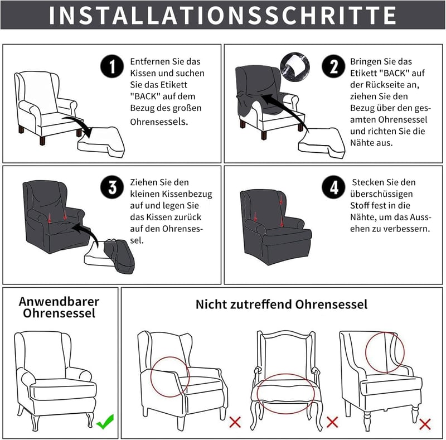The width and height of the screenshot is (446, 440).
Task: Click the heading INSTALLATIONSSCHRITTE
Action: point(222,15)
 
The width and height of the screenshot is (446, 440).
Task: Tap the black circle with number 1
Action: point(112,66)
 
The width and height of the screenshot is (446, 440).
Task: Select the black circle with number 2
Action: point(333,66)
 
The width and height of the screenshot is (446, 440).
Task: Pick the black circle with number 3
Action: point(112,187)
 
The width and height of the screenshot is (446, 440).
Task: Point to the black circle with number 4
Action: point(333,187)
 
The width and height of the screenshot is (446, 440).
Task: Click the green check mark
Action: point(105,422)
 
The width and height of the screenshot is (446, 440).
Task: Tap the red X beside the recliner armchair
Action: point(235,422)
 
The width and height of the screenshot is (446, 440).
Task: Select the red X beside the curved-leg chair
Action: point(332,422)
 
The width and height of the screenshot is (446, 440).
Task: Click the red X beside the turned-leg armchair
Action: point(425,424)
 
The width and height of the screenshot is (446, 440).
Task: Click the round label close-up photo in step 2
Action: point(295,67)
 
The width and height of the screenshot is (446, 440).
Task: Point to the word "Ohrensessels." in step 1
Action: point(159,122)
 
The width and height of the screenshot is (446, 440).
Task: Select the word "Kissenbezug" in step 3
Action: point(187,194)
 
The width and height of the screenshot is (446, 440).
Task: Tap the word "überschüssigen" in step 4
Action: point(381,194)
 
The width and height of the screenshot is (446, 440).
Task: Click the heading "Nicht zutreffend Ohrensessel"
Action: point(282,304)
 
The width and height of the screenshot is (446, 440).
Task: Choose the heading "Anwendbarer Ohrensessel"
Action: point(59,307)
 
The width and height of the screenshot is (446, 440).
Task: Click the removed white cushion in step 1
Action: point(101,142)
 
